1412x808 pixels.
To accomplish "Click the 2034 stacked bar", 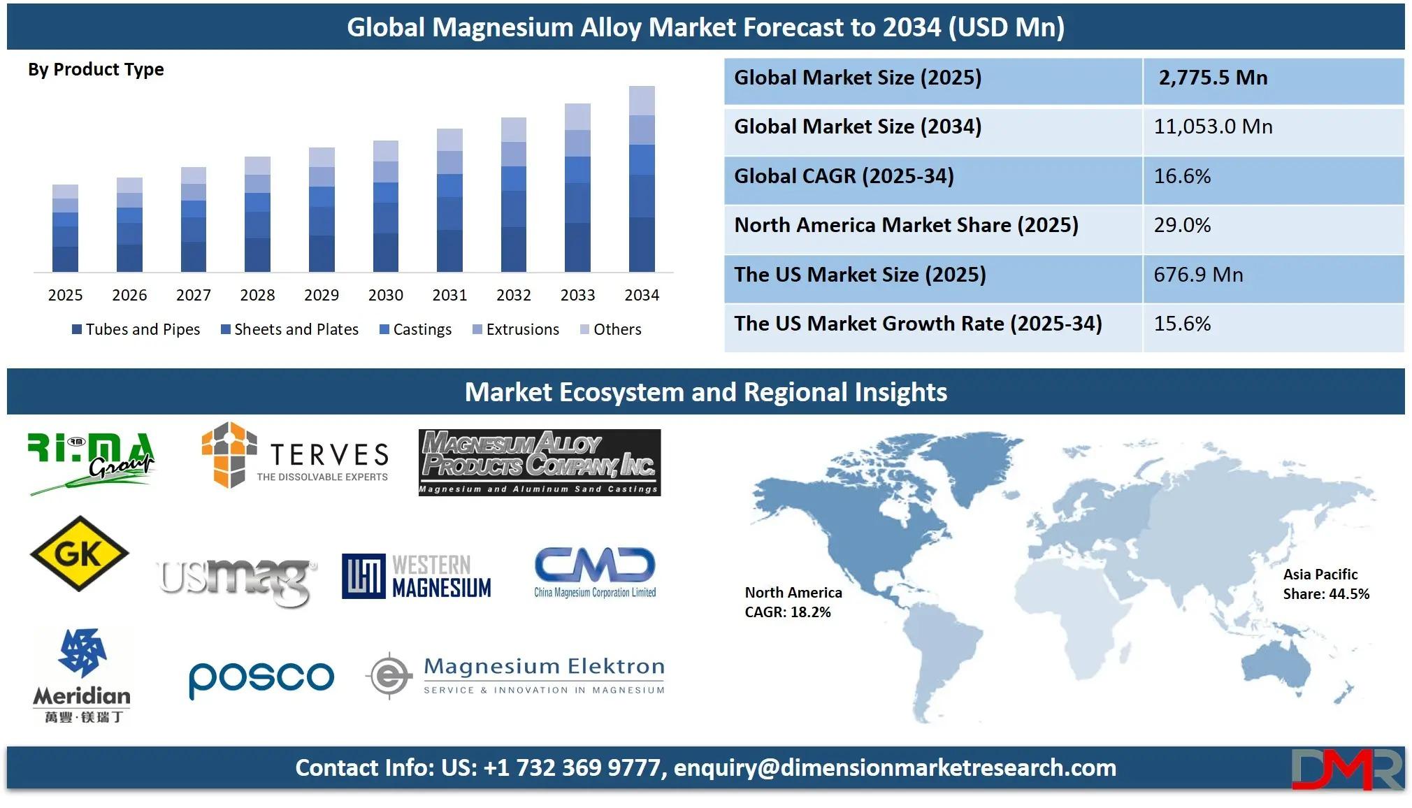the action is click(642, 179).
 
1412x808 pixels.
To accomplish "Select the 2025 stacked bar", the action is click(65, 228).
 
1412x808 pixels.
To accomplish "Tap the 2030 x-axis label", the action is click(386, 295).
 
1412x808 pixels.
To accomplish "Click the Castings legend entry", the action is click(415, 329).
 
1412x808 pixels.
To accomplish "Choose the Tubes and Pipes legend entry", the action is click(136, 329).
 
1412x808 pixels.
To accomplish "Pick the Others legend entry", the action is click(610, 329).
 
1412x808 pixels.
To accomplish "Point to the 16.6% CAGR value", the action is click(1182, 176).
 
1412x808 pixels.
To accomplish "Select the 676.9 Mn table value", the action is click(1198, 275).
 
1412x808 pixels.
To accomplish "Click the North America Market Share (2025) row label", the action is click(906, 225).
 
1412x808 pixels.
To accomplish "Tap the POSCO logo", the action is click(261, 678).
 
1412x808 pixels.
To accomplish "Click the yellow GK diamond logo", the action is click(79, 554).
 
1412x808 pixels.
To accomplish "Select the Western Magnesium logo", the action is click(417, 577).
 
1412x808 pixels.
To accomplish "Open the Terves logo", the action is click(294, 455).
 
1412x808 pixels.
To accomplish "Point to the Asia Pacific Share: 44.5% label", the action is click(1326, 584).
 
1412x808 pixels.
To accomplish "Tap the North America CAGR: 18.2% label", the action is click(793, 603).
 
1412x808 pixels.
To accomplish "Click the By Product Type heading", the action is click(96, 70).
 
